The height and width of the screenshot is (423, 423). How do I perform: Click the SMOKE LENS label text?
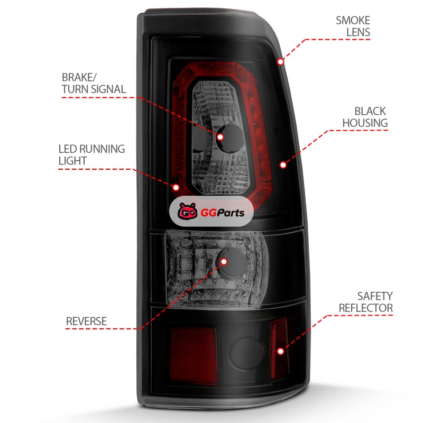[353, 26]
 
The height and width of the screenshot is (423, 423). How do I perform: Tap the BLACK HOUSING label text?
[365, 117]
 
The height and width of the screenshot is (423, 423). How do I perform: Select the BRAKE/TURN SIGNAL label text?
[94, 84]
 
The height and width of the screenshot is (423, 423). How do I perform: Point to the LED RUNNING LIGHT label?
[91, 155]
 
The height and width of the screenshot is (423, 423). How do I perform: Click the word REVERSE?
[86, 321]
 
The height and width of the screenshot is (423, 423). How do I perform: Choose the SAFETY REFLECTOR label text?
[365, 302]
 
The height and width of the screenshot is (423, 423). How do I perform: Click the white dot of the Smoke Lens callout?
[281, 62]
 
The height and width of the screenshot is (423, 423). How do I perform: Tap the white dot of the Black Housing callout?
[283, 164]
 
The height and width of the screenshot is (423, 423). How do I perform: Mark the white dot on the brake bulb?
[220, 137]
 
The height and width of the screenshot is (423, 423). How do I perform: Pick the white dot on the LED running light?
[176, 187]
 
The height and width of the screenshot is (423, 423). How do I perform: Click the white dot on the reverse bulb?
[224, 261]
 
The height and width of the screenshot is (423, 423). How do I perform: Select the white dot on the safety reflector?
[281, 351]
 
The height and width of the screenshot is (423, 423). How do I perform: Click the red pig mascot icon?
[188, 211]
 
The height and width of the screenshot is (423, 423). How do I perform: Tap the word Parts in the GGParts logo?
[230, 213]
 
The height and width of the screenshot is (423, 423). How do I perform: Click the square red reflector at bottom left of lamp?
[194, 355]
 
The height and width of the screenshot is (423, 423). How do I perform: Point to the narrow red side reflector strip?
[279, 348]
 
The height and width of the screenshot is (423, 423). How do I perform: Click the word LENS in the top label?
[358, 32]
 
